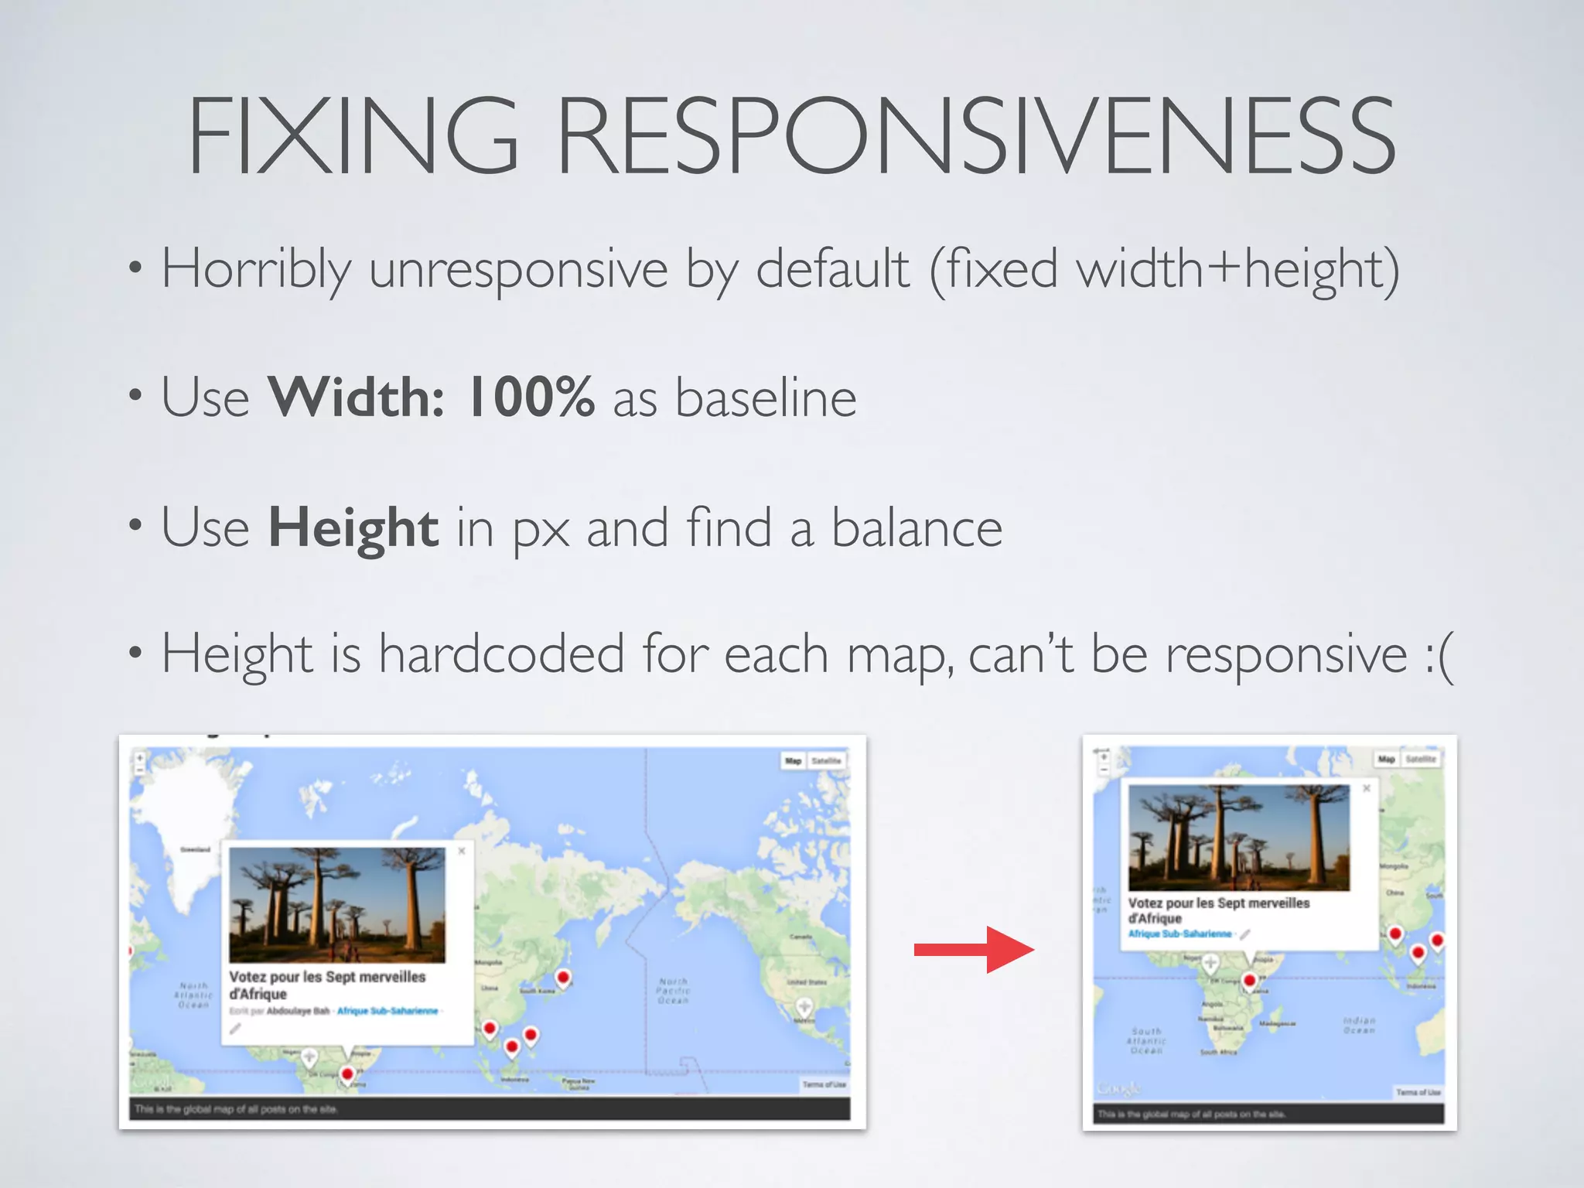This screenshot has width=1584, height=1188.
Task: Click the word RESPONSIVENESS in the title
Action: pyautogui.click(x=976, y=137)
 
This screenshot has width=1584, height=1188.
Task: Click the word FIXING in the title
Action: pyautogui.click(x=352, y=137)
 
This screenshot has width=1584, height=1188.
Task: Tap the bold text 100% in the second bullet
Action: pyautogui.click(x=531, y=398)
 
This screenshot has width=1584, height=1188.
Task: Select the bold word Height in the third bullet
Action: pyautogui.click(x=353, y=528)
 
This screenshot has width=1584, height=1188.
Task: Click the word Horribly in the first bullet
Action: pyautogui.click(x=256, y=269)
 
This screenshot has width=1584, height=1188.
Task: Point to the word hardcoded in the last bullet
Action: pyautogui.click(x=501, y=654)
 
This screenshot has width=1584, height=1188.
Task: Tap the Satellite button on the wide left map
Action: pyautogui.click(x=826, y=761)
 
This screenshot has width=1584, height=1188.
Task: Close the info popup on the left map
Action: pyautogui.click(x=462, y=851)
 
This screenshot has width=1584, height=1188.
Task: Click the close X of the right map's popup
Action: pyautogui.click(x=1367, y=788)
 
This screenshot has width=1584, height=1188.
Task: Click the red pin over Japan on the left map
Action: pyautogui.click(x=564, y=978)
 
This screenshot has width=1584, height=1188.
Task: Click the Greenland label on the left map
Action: pyautogui.click(x=195, y=849)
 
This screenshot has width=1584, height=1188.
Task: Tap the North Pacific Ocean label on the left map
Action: pyautogui.click(x=673, y=991)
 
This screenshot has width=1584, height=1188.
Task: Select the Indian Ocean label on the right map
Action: pyautogui.click(x=1359, y=1025)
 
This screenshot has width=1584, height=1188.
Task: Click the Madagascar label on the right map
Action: pyautogui.click(x=1278, y=1023)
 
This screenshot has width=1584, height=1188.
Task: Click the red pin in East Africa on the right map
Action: pyautogui.click(x=1249, y=981)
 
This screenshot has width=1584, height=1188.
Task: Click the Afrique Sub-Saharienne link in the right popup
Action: pyautogui.click(x=1179, y=934)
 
